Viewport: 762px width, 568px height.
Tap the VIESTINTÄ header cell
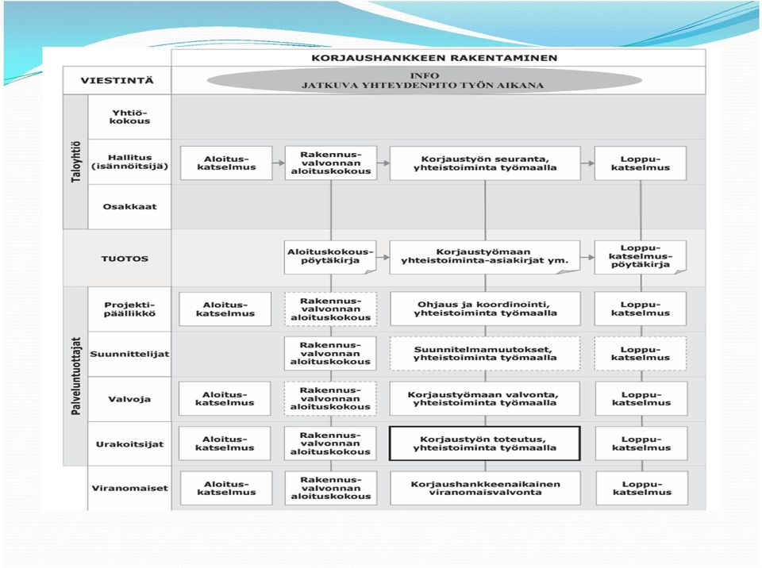click(117, 80)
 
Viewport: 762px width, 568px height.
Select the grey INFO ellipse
click(424, 81)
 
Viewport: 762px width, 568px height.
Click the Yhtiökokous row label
click(129, 117)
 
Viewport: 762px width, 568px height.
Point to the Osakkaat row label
click(129, 206)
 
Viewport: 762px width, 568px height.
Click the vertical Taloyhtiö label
click(76, 162)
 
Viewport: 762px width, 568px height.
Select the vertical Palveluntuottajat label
click(76, 376)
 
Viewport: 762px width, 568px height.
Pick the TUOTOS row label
click(125, 259)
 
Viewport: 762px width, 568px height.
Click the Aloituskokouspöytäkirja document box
click(330, 256)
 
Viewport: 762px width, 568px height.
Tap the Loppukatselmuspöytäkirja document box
click(641, 256)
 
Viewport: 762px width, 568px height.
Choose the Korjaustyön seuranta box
click(485, 163)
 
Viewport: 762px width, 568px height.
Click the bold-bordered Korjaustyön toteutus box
click(484, 443)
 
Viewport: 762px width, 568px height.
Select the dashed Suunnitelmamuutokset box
click(485, 354)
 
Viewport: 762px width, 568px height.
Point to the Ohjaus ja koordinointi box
click(485, 309)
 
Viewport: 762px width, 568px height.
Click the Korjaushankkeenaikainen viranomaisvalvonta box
click(485, 488)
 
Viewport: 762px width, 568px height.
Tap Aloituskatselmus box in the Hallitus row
click(226, 163)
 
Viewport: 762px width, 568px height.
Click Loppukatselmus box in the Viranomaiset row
click(642, 488)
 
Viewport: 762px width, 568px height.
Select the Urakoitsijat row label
click(129, 444)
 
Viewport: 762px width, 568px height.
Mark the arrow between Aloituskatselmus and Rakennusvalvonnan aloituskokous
click(279, 163)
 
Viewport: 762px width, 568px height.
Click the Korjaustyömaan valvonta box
click(484, 398)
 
